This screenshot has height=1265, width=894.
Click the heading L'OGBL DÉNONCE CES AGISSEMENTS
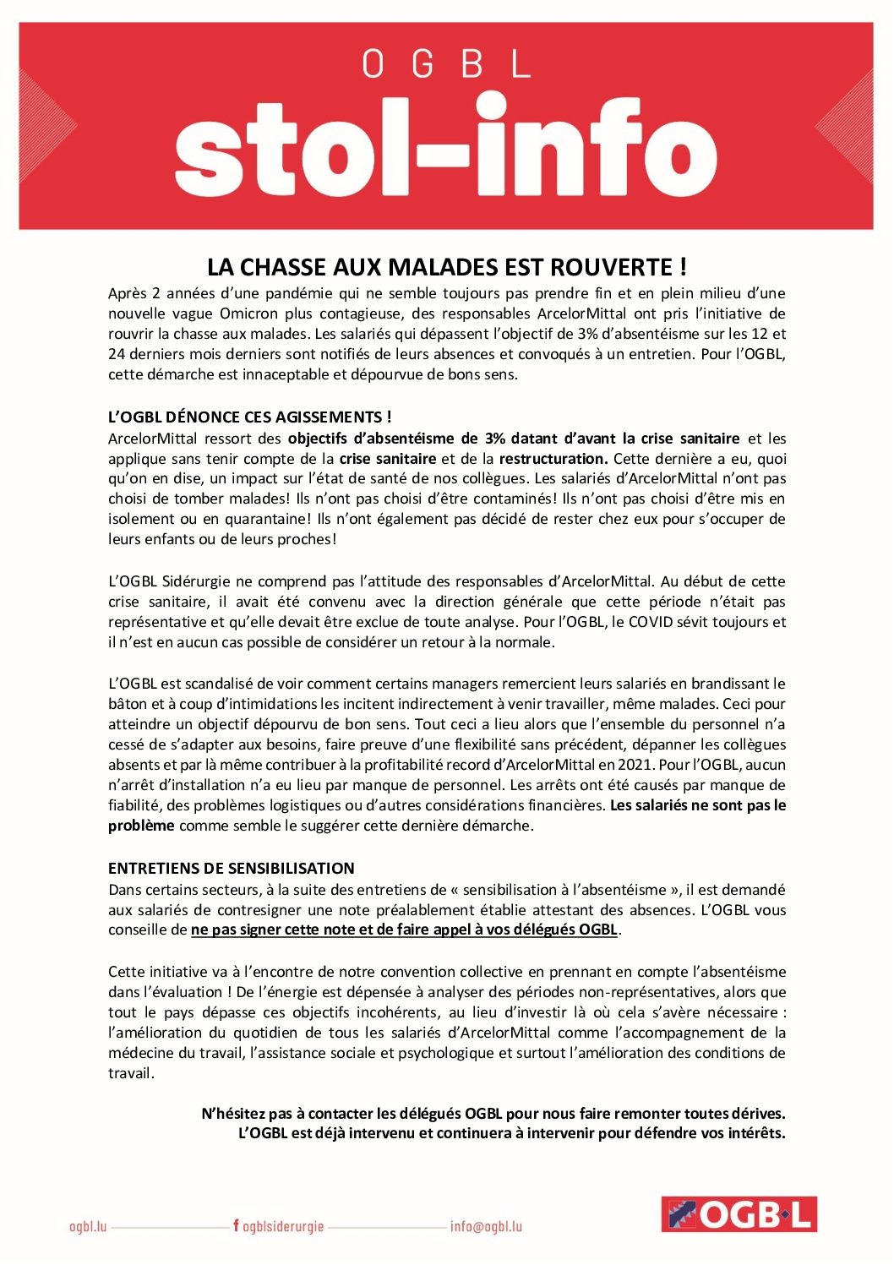tap(249, 417)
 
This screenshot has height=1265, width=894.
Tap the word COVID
tap(651, 622)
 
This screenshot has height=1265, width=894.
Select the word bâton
tap(128, 704)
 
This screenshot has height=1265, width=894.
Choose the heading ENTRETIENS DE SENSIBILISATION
tap(232, 868)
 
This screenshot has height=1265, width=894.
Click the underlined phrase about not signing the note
tap(405, 930)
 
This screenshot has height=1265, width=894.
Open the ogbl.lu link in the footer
tap(88, 1226)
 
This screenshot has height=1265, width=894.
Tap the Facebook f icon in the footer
tap(236, 1225)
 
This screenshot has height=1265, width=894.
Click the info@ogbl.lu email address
tap(486, 1226)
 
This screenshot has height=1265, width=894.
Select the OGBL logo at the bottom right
tap(739, 1214)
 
